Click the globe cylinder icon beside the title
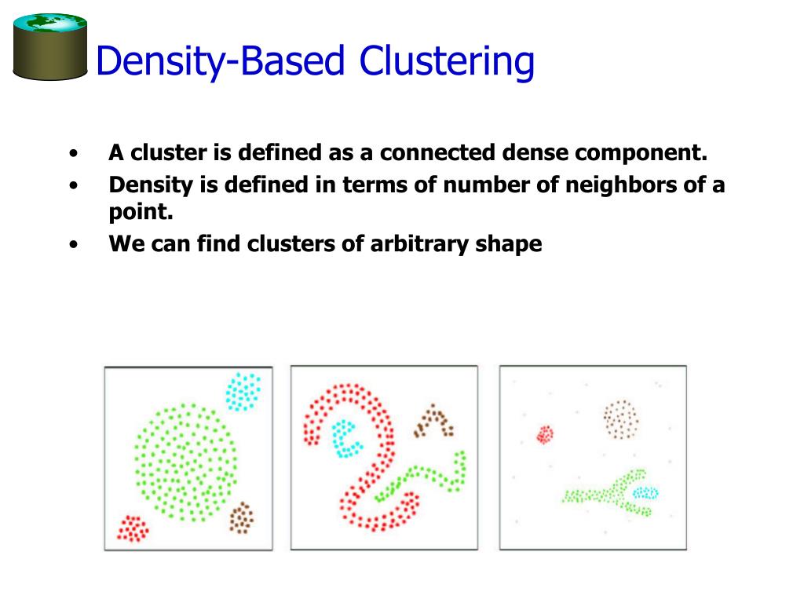coord(50,47)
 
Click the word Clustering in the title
coord(446,61)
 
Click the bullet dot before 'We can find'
coord(73,244)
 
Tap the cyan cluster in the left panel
coord(243,392)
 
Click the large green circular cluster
coord(185,462)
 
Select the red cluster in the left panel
coord(132,528)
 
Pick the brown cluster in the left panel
coord(242,517)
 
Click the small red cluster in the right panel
coord(545,434)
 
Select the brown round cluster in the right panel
coord(621,419)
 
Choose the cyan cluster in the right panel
coord(645,493)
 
